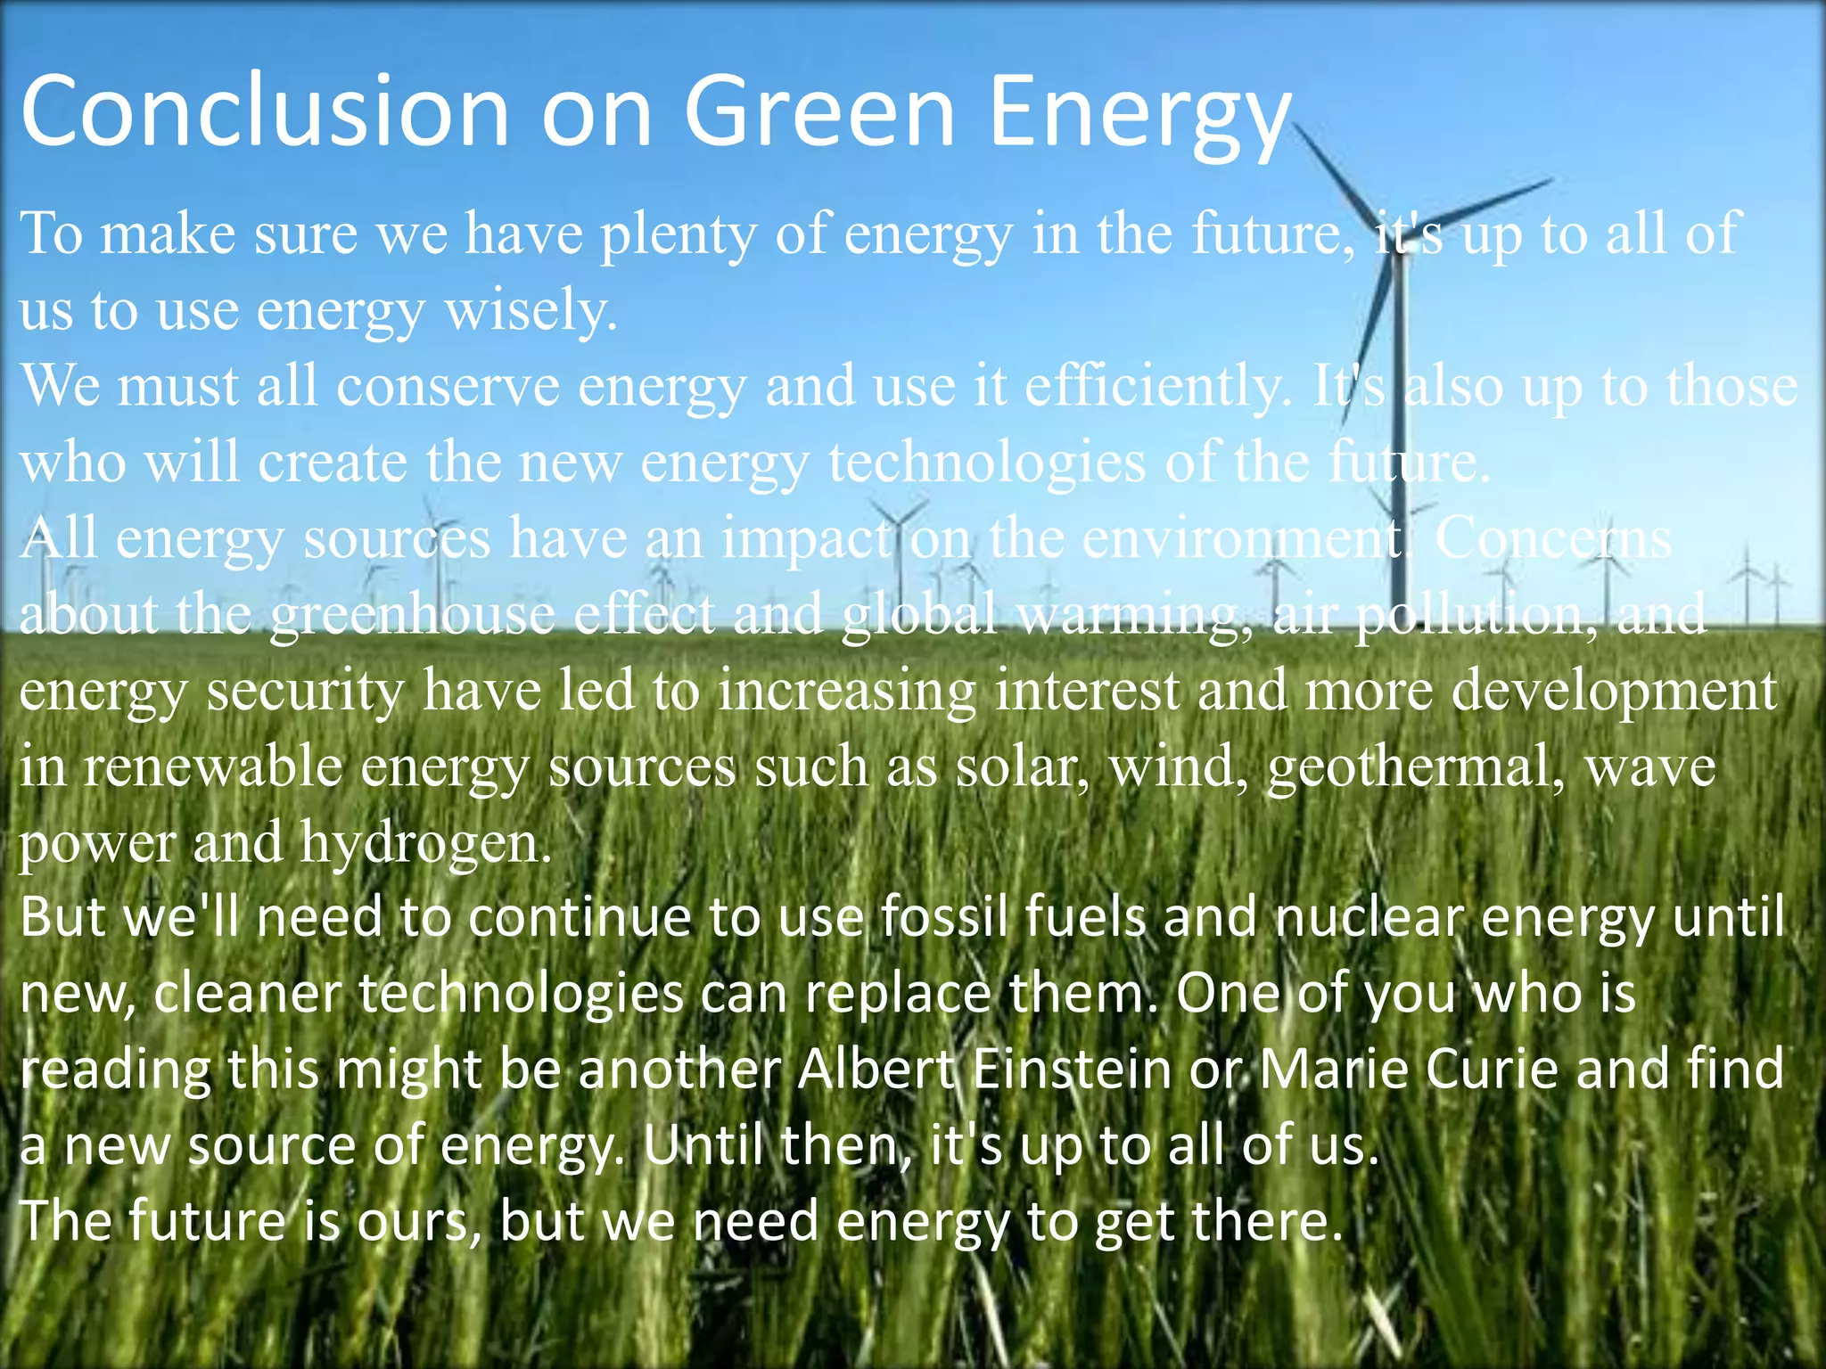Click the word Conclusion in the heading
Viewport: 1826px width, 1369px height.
[x=264, y=111]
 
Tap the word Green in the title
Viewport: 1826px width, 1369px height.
[x=819, y=111]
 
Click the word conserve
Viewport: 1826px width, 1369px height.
[x=448, y=387]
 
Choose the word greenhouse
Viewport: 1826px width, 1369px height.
[x=412, y=615]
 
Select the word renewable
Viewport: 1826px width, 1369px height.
[x=213, y=766]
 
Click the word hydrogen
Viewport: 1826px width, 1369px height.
[x=425, y=843]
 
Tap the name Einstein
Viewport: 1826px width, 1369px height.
[x=1072, y=1070]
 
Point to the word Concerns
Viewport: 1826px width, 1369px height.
[x=1552, y=538]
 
